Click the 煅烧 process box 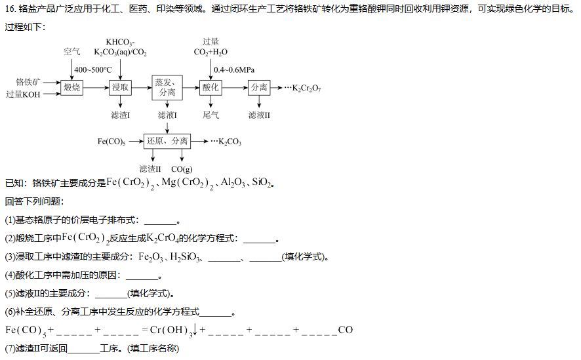click(72, 87)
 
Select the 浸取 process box click(121, 87)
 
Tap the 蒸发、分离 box click(167, 87)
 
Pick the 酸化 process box click(210, 87)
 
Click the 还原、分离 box click(167, 141)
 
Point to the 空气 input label click(72, 52)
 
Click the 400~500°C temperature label click(93, 70)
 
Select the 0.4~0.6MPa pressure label click(234, 70)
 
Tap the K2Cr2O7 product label click(306, 88)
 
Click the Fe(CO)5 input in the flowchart click(111, 142)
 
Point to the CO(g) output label click(182, 169)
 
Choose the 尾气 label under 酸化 click(210, 115)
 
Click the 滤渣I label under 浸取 click(121, 115)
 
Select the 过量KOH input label click(23, 94)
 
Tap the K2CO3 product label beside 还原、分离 click(230, 142)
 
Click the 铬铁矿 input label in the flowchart click(28, 82)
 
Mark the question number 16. click(10, 9)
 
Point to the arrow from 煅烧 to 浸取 click(96, 88)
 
